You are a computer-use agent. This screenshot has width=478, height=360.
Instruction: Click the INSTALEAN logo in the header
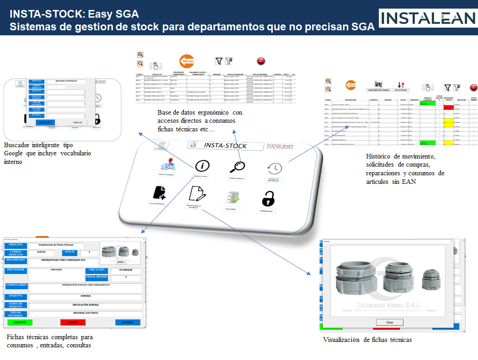click(x=427, y=18)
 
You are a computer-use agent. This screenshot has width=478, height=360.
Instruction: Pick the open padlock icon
click(x=268, y=198)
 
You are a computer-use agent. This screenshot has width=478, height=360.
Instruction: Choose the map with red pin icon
click(x=167, y=165)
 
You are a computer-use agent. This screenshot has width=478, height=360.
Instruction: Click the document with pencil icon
click(x=196, y=193)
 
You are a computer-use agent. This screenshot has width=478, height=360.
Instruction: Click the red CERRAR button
click(x=73, y=322)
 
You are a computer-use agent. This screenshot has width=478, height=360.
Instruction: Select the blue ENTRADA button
click(x=128, y=322)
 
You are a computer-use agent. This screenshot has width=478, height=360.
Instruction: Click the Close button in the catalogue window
click(x=389, y=322)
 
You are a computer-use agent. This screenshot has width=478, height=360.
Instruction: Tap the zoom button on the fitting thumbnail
click(x=120, y=262)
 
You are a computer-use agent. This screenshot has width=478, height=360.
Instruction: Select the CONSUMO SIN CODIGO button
click(x=378, y=91)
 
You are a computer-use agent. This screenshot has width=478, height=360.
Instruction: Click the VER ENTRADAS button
click(x=401, y=91)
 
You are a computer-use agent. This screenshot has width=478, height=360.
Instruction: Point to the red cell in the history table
click(x=448, y=107)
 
